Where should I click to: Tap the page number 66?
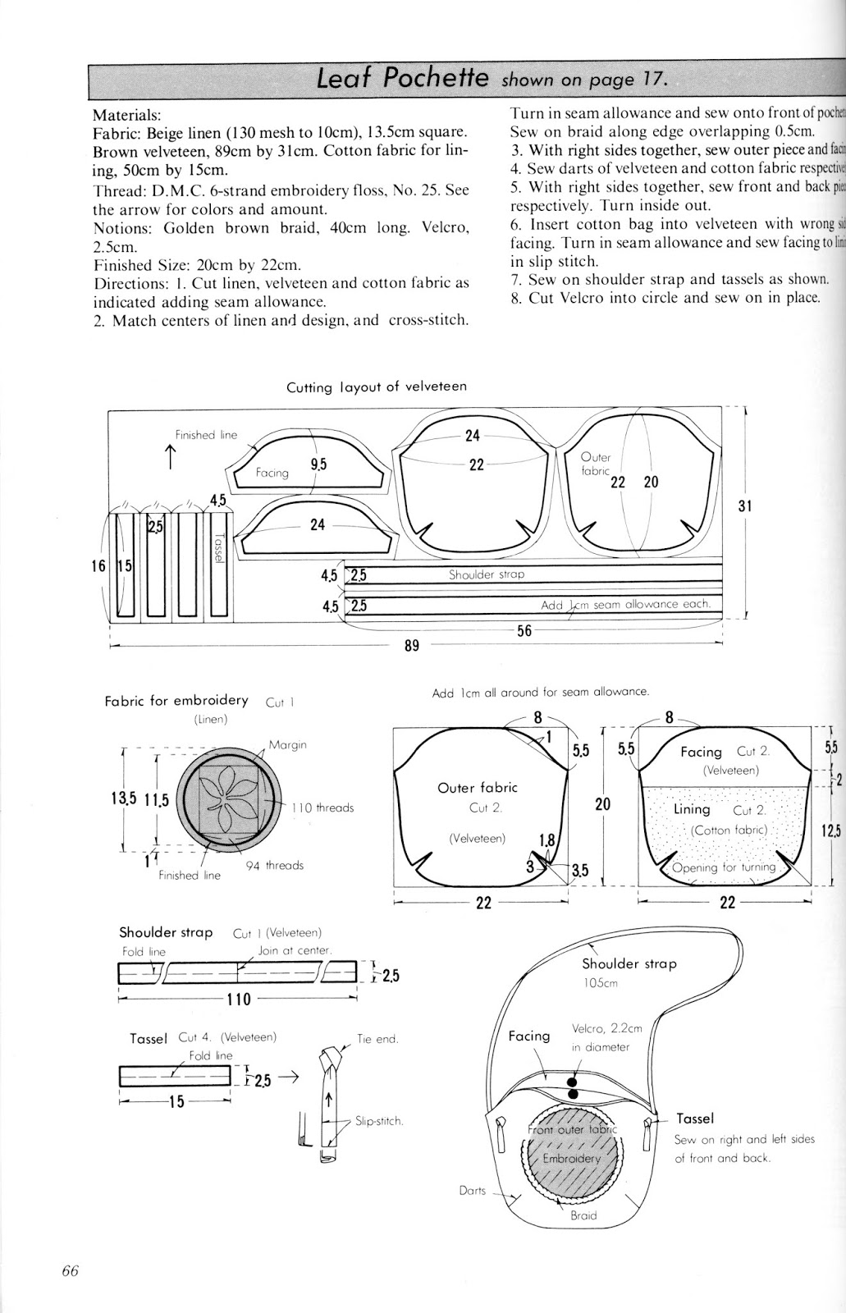69,1271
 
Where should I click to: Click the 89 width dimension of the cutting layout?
412,646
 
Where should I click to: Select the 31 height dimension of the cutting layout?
744,506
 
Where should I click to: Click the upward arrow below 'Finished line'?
171,456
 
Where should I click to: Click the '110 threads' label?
322,807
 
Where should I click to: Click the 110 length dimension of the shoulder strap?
239,999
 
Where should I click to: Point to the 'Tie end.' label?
377,1039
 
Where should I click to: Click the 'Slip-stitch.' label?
378,1121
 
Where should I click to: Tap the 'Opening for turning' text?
723,867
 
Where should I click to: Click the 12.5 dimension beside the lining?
830,830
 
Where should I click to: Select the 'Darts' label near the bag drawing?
473,1190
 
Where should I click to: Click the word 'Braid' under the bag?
583,1215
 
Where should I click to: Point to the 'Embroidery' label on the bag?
572,1159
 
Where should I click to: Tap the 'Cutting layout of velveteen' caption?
377,387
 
